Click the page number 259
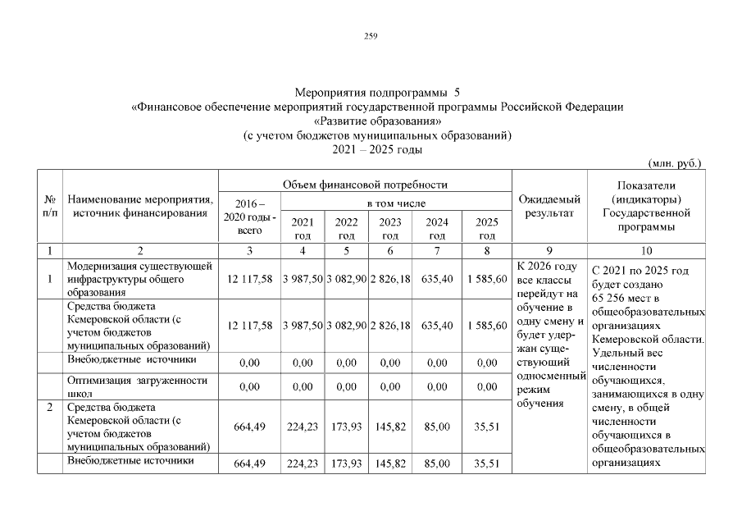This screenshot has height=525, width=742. [x=371, y=35]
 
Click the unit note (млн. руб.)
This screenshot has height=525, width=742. [x=675, y=163]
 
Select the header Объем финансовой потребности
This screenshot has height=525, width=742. [x=365, y=185]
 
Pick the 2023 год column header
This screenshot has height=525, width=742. [x=391, y=228]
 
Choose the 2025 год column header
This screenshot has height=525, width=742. [x=487, y=228]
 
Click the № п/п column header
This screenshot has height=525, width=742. [x=49, y=206]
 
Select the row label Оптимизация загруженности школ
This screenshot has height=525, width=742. [x=139, y=386]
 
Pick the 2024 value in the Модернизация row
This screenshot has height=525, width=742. [x=437, y=280]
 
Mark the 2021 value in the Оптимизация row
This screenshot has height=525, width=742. [x=303, y=386]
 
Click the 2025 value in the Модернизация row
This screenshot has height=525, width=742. [x=487, y=280]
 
